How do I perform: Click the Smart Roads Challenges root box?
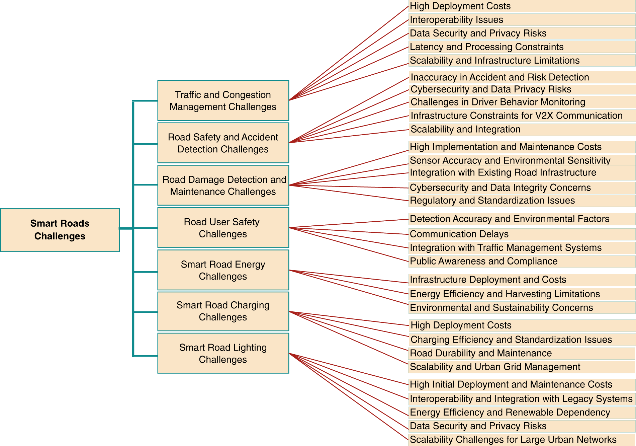click(60, 230)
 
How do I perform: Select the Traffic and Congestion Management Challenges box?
click(223, 100)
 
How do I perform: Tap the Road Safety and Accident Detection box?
click(223, 143)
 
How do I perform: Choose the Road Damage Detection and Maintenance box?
click(223, 185)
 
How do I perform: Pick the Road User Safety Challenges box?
click(223, 228)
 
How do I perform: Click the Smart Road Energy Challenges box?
click(223, 270)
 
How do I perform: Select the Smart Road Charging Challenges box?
click(223, 311)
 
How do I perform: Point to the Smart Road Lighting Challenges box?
click(223, 353)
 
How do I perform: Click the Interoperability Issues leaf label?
click(456, 20)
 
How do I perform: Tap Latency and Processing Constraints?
click(486, 47)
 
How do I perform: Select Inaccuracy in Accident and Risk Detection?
click(500, 77)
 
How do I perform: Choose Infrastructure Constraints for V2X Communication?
click(517, 116)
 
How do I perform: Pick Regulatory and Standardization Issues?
click(492, 200)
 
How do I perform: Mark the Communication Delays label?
click(459, 234)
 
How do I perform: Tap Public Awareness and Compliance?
click(483, 261)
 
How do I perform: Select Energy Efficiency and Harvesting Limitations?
click(505, 294)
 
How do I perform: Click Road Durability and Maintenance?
click(481, 353)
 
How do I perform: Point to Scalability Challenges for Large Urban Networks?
click(513, 440)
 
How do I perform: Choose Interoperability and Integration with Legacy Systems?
click(521, 399)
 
